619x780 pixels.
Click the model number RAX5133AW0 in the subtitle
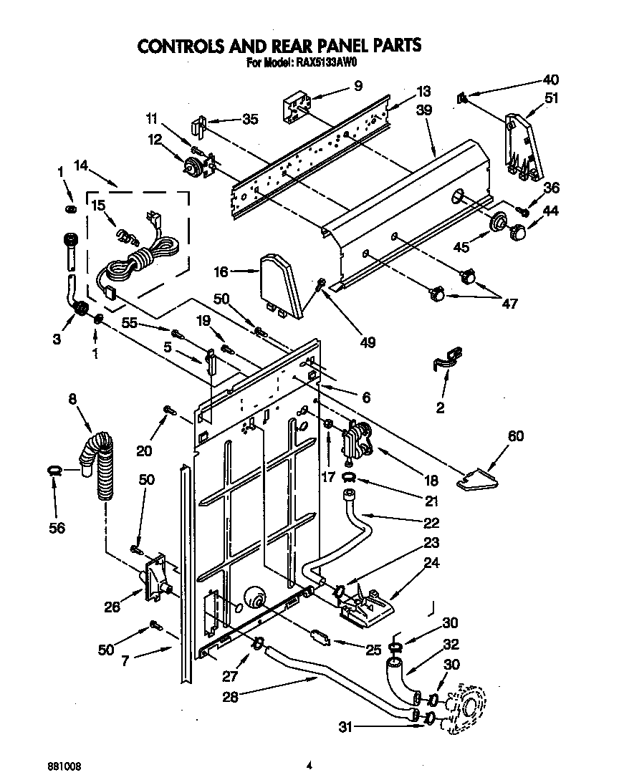326,62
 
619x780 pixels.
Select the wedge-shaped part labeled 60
479,479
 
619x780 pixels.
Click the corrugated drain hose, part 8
102,466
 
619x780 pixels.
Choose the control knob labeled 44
519,231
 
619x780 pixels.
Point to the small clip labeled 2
445,356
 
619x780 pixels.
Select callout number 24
431,563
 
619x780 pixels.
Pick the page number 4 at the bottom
309,764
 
